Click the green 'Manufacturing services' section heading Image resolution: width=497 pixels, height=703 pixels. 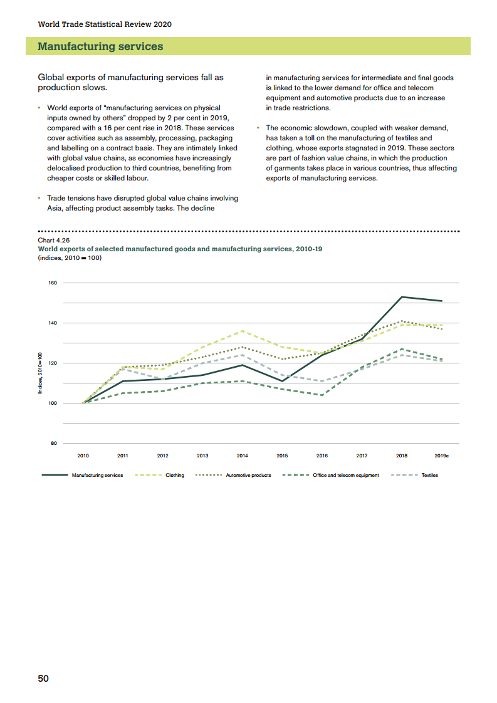tap(100, 46)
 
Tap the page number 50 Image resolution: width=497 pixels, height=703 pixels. tap(43, 679)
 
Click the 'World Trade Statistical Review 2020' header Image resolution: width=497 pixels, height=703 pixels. tap(105, 24)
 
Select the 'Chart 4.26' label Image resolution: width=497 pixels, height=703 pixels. tap(54, 240)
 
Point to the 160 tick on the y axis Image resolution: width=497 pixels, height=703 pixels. tap(52, 283)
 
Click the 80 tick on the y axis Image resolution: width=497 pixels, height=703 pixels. tap(53, 444)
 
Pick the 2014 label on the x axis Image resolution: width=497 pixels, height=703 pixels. tap(242, 456)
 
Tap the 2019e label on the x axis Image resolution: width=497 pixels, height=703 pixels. tap(442, 456)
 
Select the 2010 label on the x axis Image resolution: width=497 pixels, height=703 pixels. tap(83, 456)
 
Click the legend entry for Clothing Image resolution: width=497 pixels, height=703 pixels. tap(174, 476)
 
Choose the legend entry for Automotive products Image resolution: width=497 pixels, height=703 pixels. tap(248, 476)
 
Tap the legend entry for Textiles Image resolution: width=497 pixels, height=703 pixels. tap(429, 476)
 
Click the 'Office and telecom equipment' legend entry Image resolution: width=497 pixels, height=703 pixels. tap(345, 476)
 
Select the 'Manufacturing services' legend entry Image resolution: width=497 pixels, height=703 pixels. tap(97, 476)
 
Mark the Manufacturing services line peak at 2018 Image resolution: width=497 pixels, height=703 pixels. tap(402, 297)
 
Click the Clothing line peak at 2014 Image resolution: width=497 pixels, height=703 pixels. tap(243, 331)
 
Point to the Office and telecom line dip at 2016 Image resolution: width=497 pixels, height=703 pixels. tap(322, 395)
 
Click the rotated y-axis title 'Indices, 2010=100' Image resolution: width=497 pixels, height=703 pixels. tap(39, 372)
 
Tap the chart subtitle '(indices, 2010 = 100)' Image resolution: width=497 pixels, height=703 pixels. tap(70, 258)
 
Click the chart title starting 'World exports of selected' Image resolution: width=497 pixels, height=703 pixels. tap(180, 249)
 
